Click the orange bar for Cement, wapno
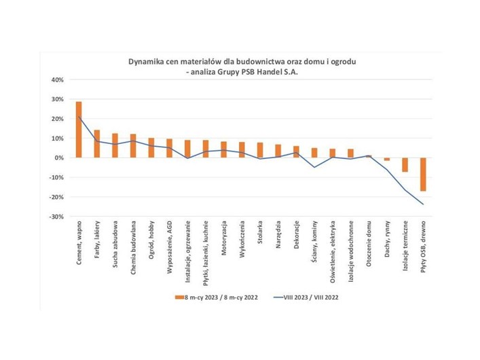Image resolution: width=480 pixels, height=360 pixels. click(79, 130)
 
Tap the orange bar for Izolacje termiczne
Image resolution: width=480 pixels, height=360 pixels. click(405, 164)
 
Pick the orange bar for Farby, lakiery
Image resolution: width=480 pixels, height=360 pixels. click(97, 144)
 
